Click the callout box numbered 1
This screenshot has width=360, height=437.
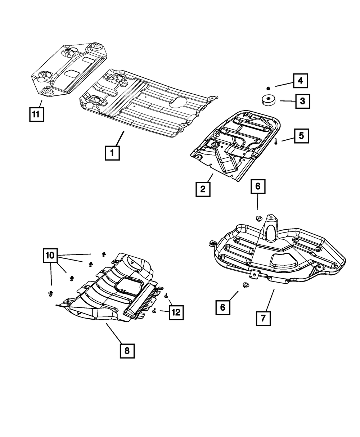tap(112, 153)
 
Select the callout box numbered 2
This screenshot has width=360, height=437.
tap(203, 189)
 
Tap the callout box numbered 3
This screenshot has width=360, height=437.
tap(302, 101)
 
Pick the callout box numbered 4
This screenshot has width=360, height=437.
tap(300, 81)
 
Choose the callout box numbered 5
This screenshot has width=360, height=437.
tap(301, 136)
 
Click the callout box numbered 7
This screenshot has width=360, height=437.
tap(263, 318)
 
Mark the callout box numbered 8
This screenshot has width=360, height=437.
tap(127, 351)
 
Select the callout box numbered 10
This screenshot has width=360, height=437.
tap(50, 256)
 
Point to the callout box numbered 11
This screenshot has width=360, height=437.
tap(36, 115)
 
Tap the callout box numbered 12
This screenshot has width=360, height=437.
tap(176, 312)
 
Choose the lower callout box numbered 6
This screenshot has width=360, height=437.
tap(223, 307)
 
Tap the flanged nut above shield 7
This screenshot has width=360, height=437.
tap(258, 218)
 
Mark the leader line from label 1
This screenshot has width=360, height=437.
tap(118, 138)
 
